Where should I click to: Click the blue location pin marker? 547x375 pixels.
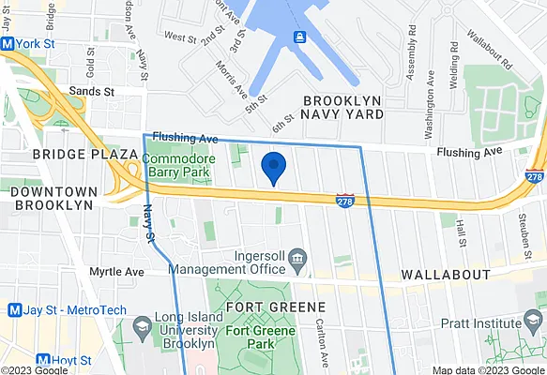tap(273, 166)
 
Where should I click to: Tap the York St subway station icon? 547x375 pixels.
tap(8, 44)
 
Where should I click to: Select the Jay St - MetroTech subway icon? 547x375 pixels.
tap(14, 309)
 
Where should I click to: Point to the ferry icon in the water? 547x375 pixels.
tap(300, 37)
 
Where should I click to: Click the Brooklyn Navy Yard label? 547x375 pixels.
tap(343, 106)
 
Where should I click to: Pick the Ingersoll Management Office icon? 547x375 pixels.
tap(298, 258)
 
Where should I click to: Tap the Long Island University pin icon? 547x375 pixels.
tap(143, 328)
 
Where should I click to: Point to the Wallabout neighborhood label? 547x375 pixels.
tap(446, 275)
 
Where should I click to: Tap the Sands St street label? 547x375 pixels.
tap(90, 92)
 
